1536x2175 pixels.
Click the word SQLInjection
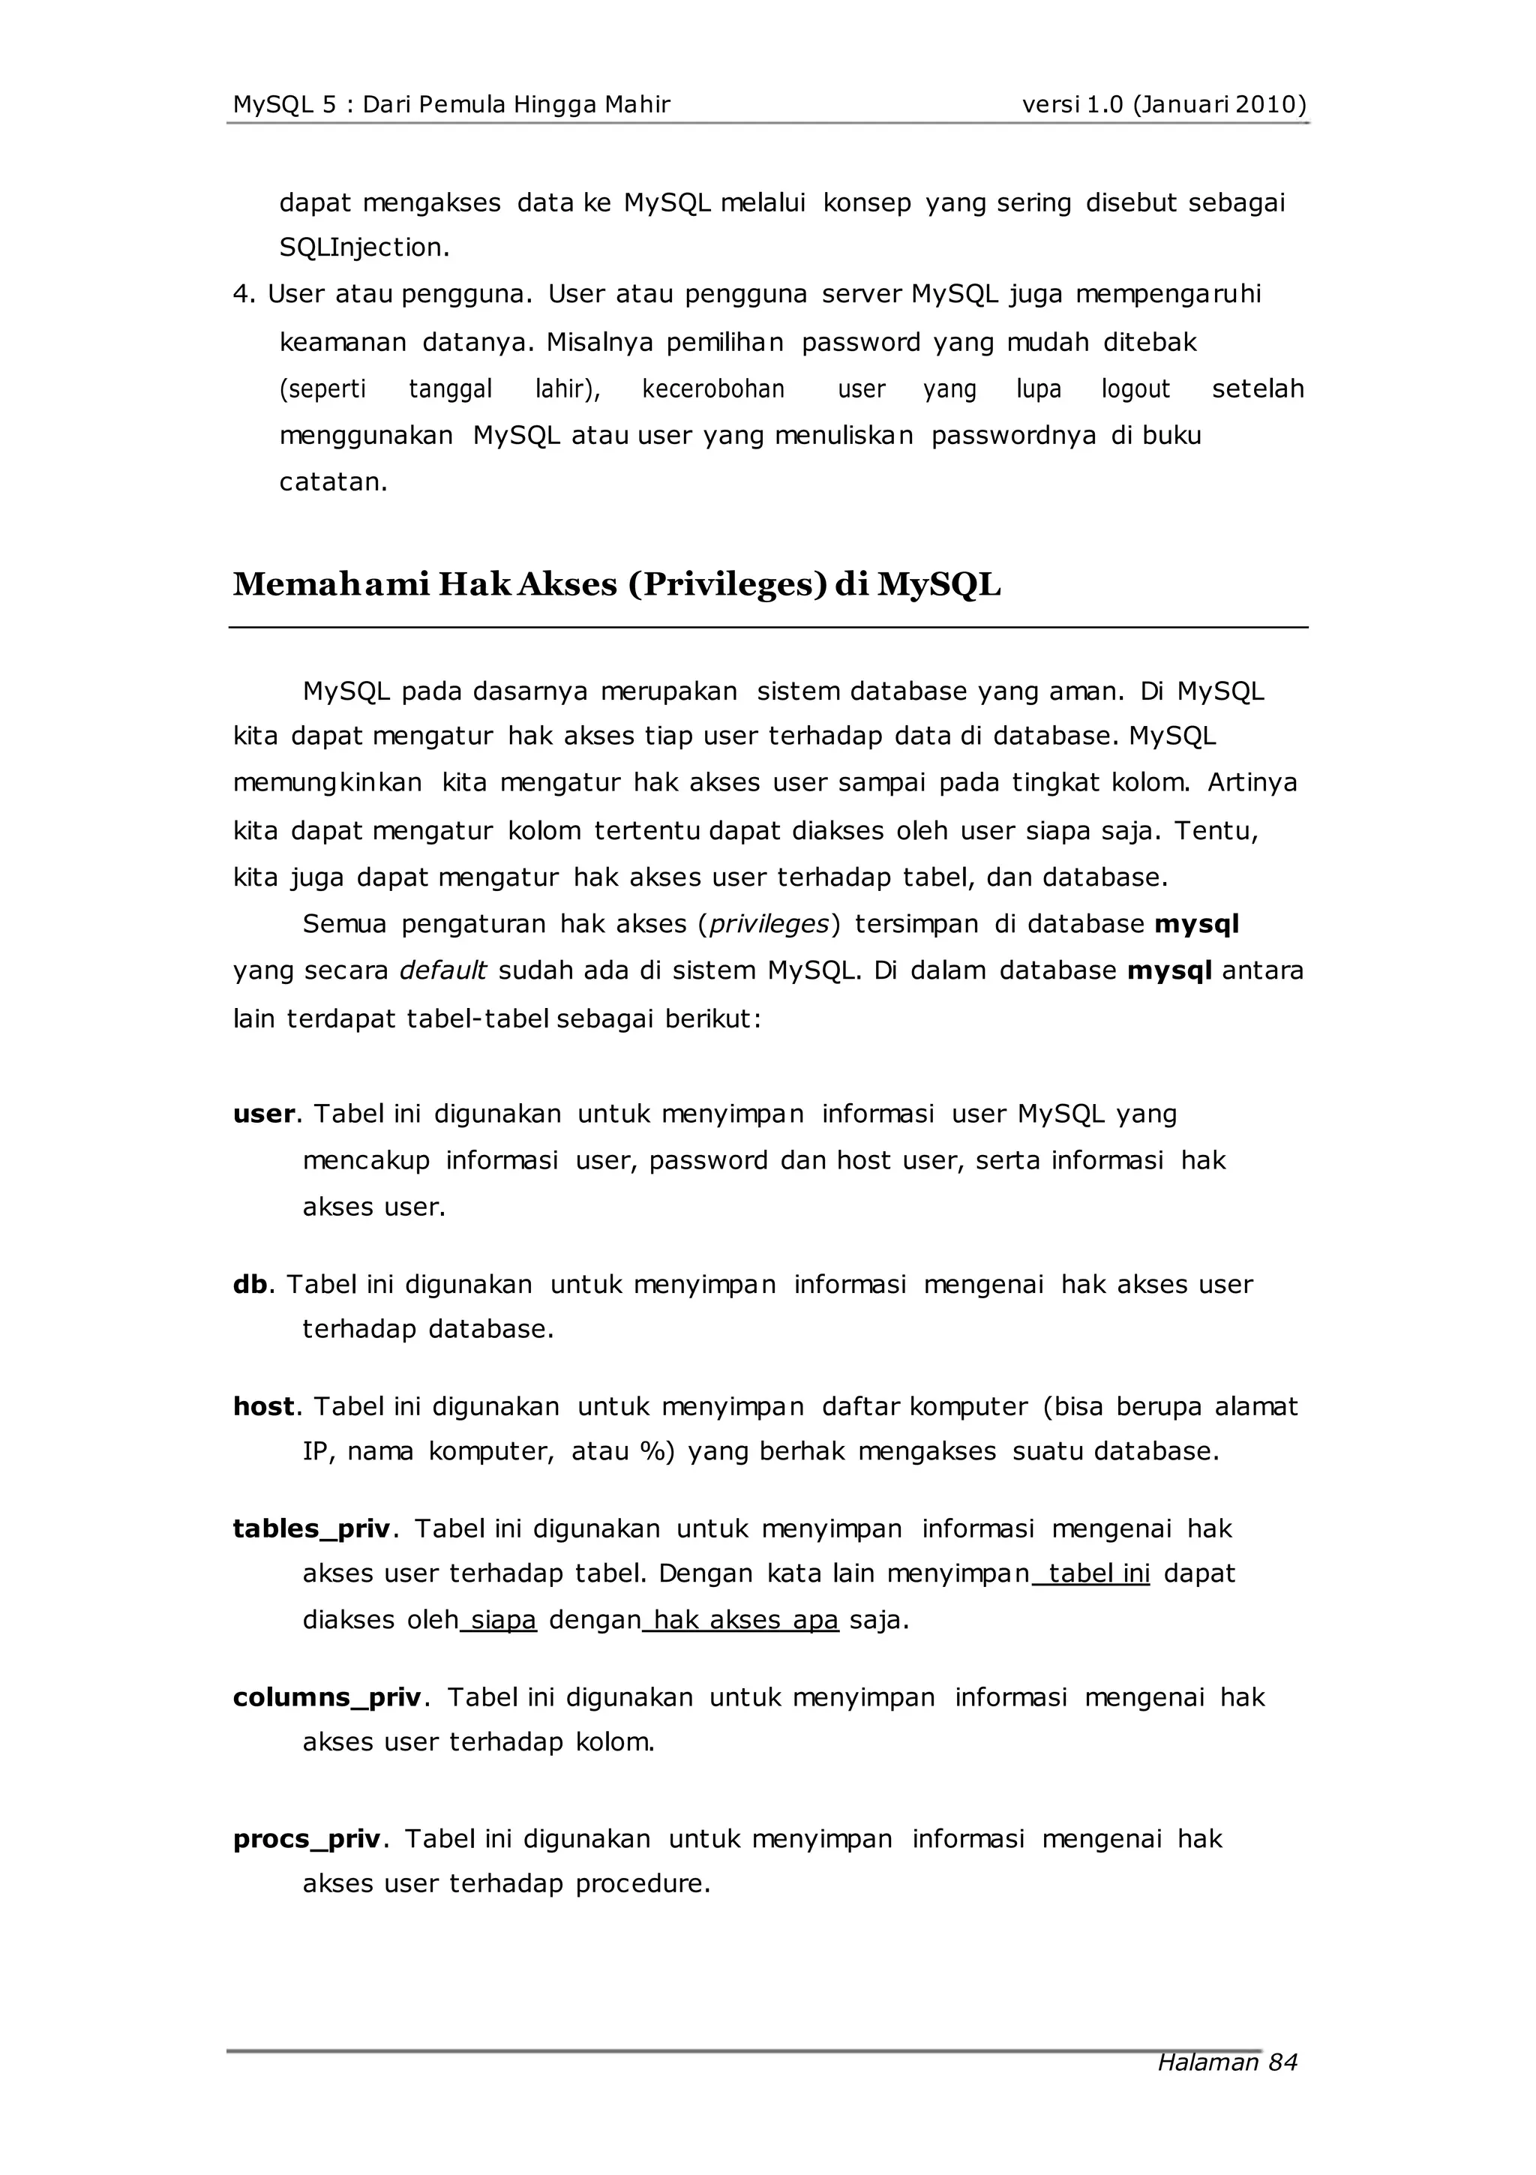[363, 248]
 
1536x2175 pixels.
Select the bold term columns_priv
[327, 1697]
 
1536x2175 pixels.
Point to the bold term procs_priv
[306, 1840]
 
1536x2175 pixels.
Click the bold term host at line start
[263, 1407]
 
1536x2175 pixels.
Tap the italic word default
[442, 971]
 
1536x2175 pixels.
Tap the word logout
[1135, 389]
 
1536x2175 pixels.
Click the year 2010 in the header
[1265, 104]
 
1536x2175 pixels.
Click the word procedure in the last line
[641, 1884]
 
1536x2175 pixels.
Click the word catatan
[332, 482]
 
